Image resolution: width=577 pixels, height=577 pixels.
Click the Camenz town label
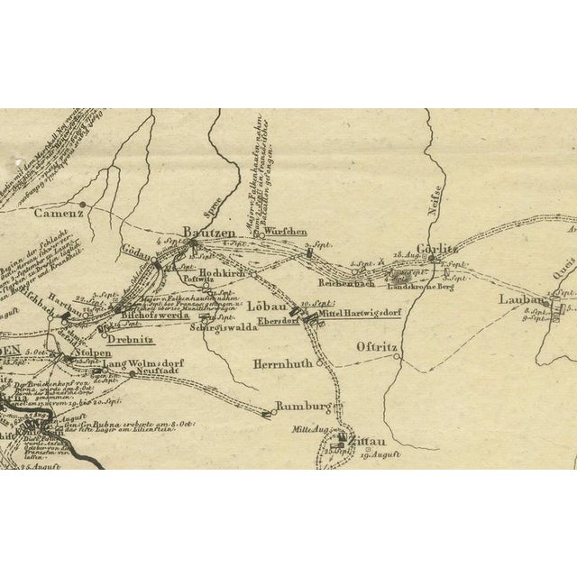pyautogui.click(x=60, y=215)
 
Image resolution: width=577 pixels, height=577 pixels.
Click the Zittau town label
pyautogui.click(x=364, y=442)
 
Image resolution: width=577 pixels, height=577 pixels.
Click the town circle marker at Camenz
pyautogui.click(x=82, y=204)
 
